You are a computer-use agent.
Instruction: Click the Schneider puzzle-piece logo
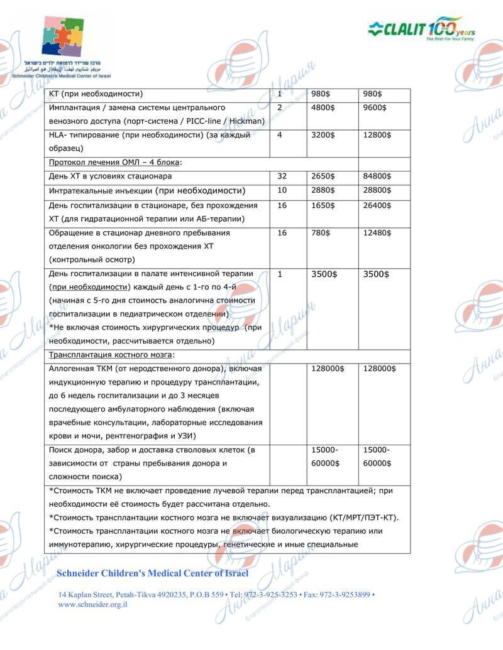point(62,36)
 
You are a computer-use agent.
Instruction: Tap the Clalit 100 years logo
point(421,29)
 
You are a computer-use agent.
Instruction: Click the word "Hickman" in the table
point(248,121)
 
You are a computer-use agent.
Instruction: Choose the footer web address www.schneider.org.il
point(93,604)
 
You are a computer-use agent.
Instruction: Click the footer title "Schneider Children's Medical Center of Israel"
point(153,573)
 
